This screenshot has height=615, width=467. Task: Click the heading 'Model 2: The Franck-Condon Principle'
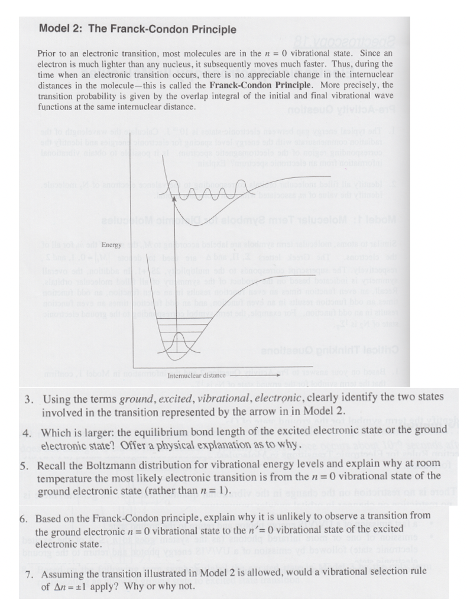pyautogui.click(x=137, y=29)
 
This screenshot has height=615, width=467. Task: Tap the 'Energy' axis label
pyautogui.click(x=111, y=244)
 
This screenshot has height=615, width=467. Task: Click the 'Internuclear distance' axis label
pyautogui.click(x=197, y=375)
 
